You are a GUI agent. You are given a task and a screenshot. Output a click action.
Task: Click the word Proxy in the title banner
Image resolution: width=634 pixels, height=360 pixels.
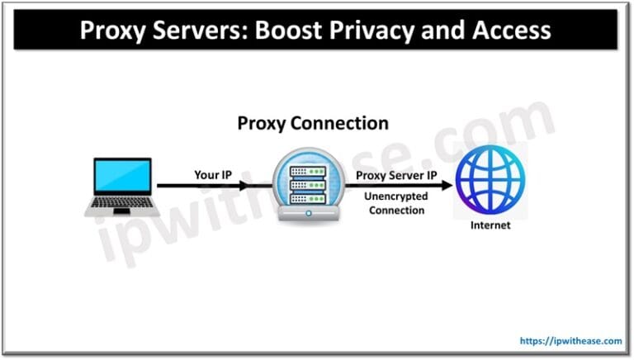pyautogui.click(x=112, y=30)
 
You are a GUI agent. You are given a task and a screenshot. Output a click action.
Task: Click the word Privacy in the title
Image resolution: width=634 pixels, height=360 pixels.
pyautogui.click(x=388, y=30)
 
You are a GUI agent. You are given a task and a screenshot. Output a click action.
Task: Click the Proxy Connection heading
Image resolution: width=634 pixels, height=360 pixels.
pyautogui.click(x=313, y=123)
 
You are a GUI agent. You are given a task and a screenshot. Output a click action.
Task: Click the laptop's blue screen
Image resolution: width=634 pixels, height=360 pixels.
pyautogui.click(x=121, y=178)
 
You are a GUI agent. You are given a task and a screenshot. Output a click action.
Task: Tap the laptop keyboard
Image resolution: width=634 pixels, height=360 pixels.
pyautogui.click(x=121, y=202)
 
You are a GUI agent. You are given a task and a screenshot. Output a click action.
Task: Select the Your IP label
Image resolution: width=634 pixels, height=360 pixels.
pyautogui.click(x=213, y=175)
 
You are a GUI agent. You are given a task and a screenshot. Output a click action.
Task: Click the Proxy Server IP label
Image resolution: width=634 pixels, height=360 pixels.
pyautogui.click(x=397, y=175)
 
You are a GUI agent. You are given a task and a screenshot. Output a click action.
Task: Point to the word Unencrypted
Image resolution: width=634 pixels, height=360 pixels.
pyautogui.click(x=397, y=197)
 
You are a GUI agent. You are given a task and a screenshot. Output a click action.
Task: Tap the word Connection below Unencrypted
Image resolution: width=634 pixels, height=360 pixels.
pyautogui.click(x=397, y=211)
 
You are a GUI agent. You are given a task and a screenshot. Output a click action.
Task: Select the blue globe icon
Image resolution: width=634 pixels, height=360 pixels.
pyautogui.click(x=492, y=182)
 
